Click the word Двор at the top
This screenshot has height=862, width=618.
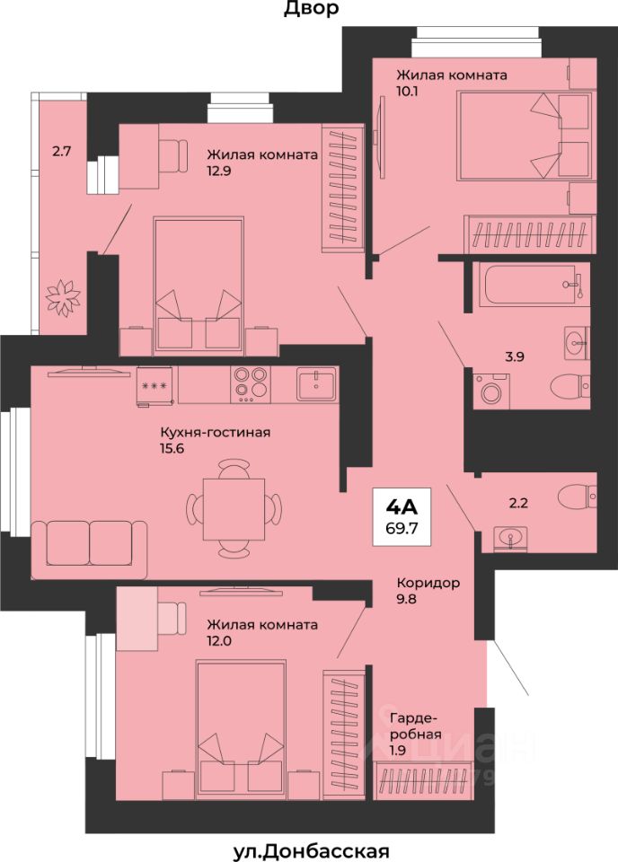[x=311, y=8]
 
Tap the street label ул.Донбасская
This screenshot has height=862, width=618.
[x=311, y=852]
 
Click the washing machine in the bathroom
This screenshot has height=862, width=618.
[x=491, y=391]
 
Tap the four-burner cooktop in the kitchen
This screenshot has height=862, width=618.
[x=252, y=383]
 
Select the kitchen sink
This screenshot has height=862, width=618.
[x=317, y=383]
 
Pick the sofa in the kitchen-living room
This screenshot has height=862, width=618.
[x=89, y=550]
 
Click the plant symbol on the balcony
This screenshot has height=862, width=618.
[x=63, y=297]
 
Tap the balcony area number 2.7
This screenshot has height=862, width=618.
[x=61, y=151]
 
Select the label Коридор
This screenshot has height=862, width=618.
[x=428, y=583]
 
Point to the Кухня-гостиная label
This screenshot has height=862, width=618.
[x=215, y=433]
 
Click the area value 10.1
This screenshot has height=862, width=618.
[x=408, y=91]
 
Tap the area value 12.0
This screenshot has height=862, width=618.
[x=219, y=640]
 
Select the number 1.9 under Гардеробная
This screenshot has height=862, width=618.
[x=399, y=750]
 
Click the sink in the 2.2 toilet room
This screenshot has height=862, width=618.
[x=510, y=539]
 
